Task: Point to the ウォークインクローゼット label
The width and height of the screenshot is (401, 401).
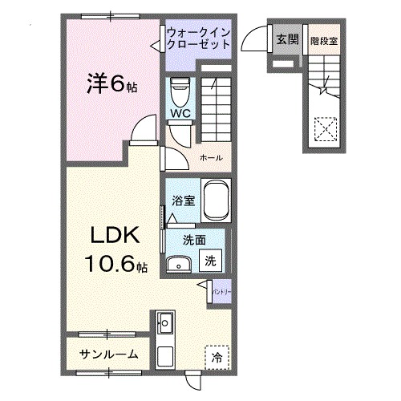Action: pyautogui.click(x=200, y=38)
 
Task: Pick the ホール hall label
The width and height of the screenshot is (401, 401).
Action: pyautogui.click(x=211, y=157)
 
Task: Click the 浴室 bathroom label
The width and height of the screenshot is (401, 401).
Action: pyautogui.click(x=183, y=200)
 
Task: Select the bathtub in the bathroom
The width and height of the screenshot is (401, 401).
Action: pyautogui.click(x=216, y=200)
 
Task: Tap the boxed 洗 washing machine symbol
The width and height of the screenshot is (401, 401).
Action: pyautogui.click(x=210, y=260)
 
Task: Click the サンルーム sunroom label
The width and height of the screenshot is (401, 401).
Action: pyautogui.click(x=109, y=354)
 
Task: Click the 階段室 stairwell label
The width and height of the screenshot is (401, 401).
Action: pyautogui.click(x=324, y=39)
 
